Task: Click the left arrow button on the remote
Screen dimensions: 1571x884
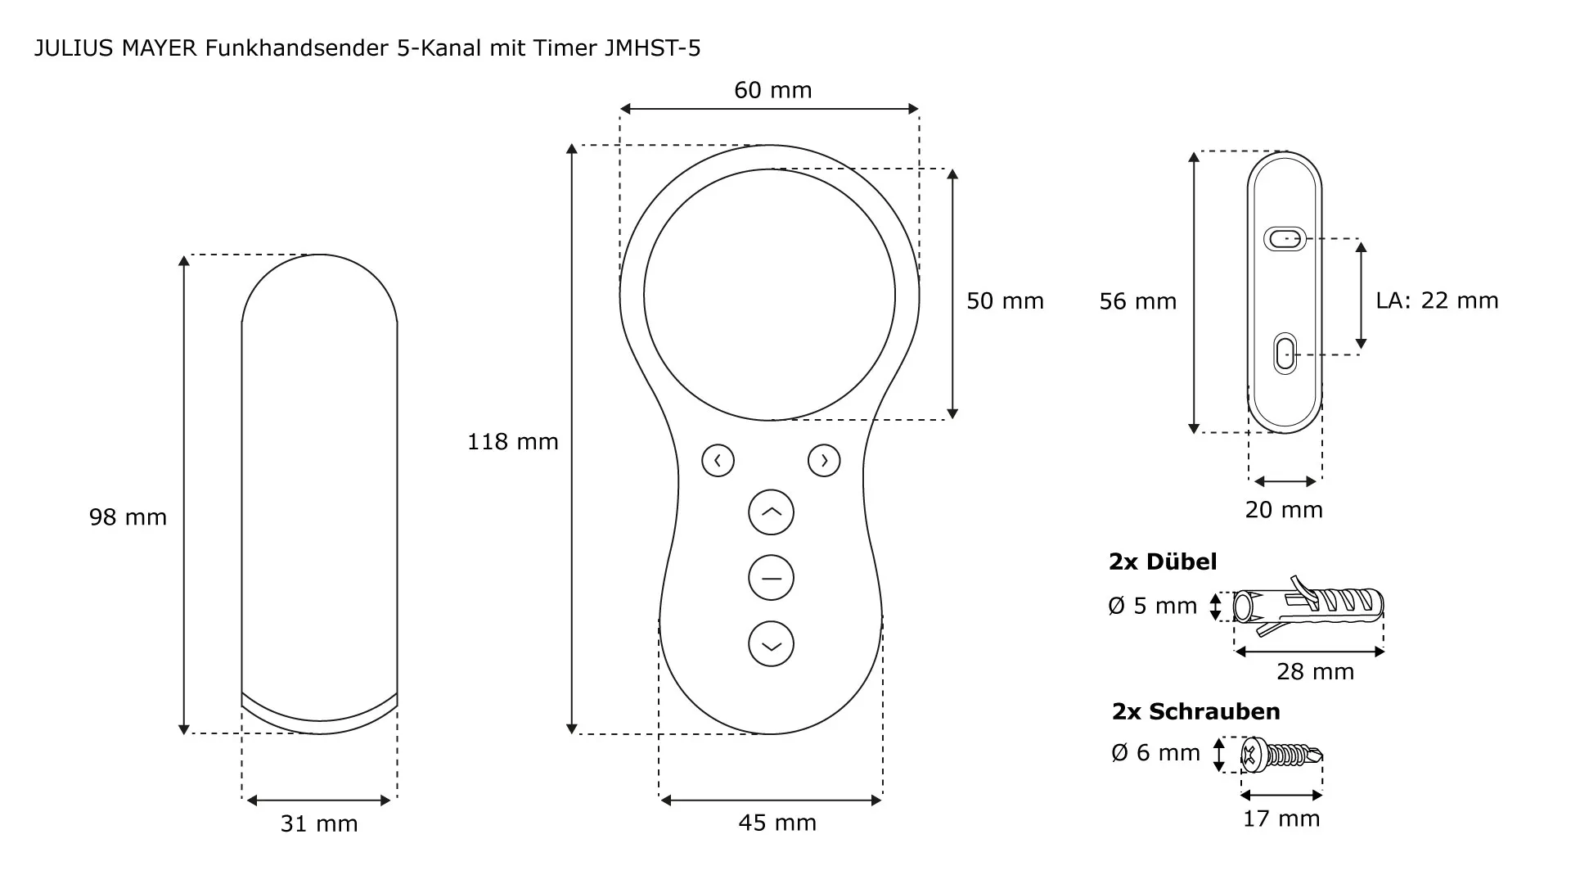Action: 718,461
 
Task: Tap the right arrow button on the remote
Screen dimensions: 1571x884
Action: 824,461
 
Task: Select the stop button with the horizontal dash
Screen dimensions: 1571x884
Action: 771,578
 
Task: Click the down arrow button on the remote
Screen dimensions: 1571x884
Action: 771,644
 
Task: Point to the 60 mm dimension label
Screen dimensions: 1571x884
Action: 773,90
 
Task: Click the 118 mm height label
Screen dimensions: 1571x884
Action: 513,442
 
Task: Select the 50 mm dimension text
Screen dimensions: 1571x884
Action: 1006,301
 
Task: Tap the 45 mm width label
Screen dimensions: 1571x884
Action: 777,823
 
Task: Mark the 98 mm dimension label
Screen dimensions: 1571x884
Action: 128,517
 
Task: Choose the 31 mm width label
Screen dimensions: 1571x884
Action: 319,823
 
